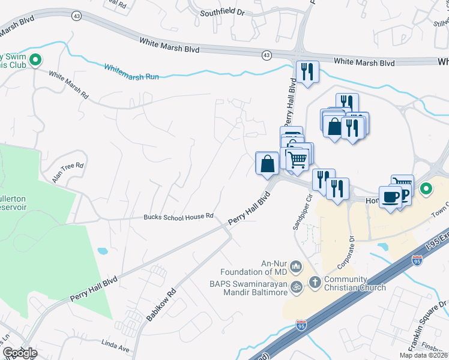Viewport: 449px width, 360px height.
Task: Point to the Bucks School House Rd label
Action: pyautogui.click(x=178, y=217)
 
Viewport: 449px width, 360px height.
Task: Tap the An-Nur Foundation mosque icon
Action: pyautogui.click(x=295, y=266)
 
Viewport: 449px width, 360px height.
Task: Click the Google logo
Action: pyautogui.click(x=19, y=353)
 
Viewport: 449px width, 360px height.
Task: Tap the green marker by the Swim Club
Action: pyautogui.click(x=35, y=59)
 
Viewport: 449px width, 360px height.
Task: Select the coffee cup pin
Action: pyautogui.click(x=390, y=197)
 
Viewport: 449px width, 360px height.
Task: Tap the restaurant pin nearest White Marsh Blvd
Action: pyautogui.click(x=306, y=72)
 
